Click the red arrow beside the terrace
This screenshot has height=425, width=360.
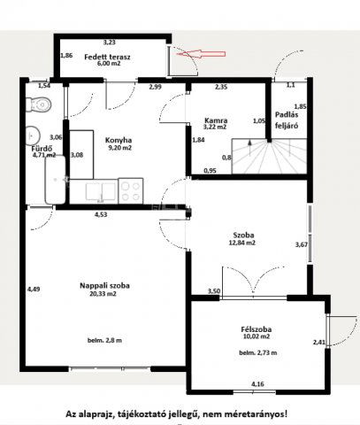tap(201, 54)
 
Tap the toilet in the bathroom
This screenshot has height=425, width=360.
tap(39, 104)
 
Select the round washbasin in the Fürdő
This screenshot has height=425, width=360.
tap(33, 135)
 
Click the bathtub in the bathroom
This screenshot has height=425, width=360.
tap(55, 180)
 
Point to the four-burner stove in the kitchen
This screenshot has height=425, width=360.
tap(131, 190)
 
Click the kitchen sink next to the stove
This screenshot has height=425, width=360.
tap(101, 191)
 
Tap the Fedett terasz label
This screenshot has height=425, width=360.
tap(107, 57)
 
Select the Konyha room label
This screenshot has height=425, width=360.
tap(119, 140)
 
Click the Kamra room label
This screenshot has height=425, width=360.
tap(216, 120)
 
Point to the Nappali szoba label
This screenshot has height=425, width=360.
tap(104, 285)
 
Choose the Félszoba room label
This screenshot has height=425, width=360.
tap(257, 329)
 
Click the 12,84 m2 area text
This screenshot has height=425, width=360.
tap(242, 243)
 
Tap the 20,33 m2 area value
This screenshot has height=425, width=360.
tap(103, 294)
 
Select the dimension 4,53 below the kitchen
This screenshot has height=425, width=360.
tap(101, 214)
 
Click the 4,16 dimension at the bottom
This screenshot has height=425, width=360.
tap(257, 384)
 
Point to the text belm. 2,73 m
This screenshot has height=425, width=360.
tap(258, 352)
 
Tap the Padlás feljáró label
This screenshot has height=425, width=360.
tap(287, 120)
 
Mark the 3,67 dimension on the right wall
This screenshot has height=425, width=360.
tap(302, 244)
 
